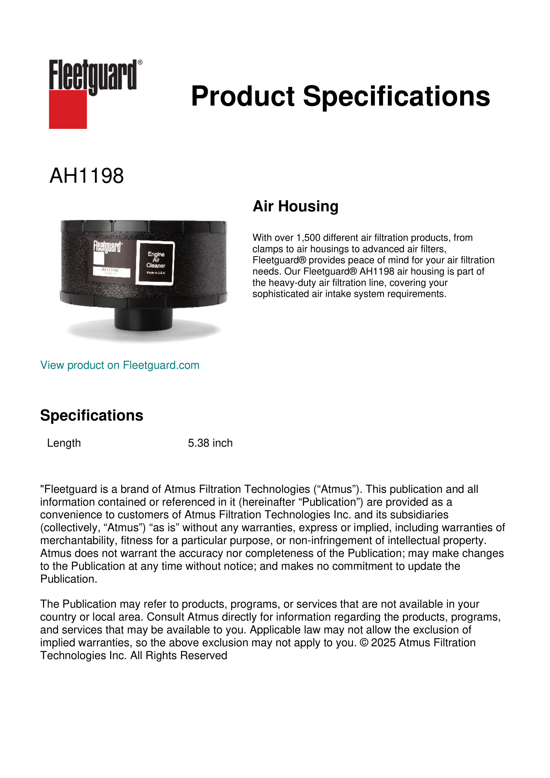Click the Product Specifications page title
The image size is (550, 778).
click(340, 96)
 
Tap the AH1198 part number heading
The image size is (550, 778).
click(87, 176)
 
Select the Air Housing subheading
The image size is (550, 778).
click(295, 206)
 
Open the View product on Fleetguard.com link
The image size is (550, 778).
click(119, 365)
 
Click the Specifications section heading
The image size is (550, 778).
click(91, 415)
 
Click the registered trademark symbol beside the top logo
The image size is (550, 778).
click(140, 62)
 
